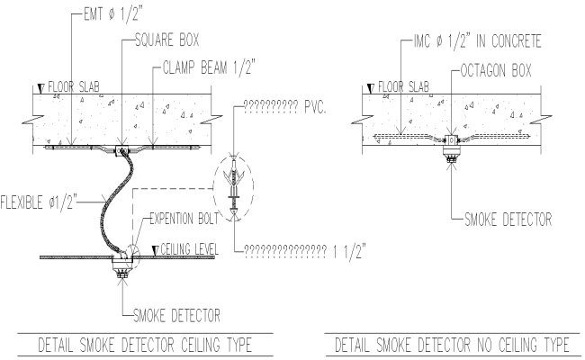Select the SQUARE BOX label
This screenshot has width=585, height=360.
168,40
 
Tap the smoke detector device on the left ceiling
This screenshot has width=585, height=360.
121,267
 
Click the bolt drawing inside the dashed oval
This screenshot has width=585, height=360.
233,187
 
